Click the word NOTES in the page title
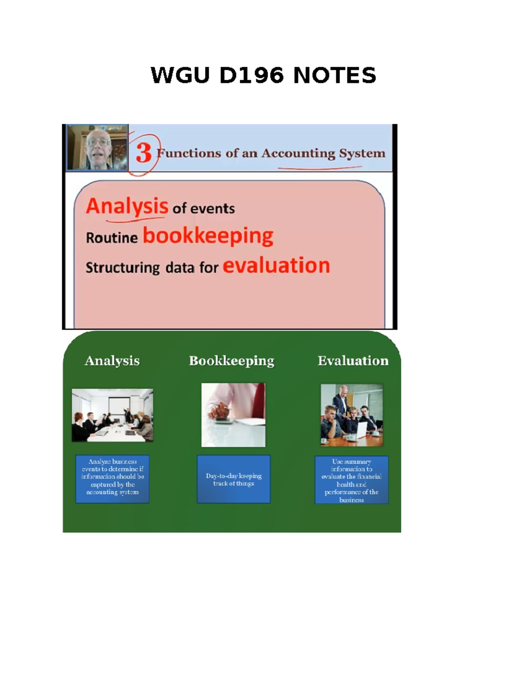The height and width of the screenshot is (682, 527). pos(335,75)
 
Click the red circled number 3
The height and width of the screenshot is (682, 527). pos(144,153)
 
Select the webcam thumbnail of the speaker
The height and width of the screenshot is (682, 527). pos(97,147)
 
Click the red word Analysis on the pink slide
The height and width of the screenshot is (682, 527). pos(127,206)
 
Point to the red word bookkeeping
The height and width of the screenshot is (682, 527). pos(208,236)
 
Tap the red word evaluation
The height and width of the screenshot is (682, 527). pos(276,266)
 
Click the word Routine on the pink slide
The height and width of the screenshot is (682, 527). pos(112,238)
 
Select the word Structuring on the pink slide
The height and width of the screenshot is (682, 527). pos(123,267)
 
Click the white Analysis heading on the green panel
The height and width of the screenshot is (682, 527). pos(112,361)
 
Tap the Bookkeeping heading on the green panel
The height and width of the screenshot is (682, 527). pos(231,361)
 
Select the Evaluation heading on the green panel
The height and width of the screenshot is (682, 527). pos(353,361)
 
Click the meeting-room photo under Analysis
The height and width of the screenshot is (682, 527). pos(112,415)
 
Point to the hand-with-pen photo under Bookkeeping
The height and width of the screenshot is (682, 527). pos(233,415)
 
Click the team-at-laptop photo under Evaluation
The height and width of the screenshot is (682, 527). pos(351,415)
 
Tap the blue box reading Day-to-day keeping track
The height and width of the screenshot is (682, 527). pos(234,479)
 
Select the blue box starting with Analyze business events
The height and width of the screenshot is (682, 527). pos(112,479)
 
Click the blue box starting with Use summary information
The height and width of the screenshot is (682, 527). pos(351,480)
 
